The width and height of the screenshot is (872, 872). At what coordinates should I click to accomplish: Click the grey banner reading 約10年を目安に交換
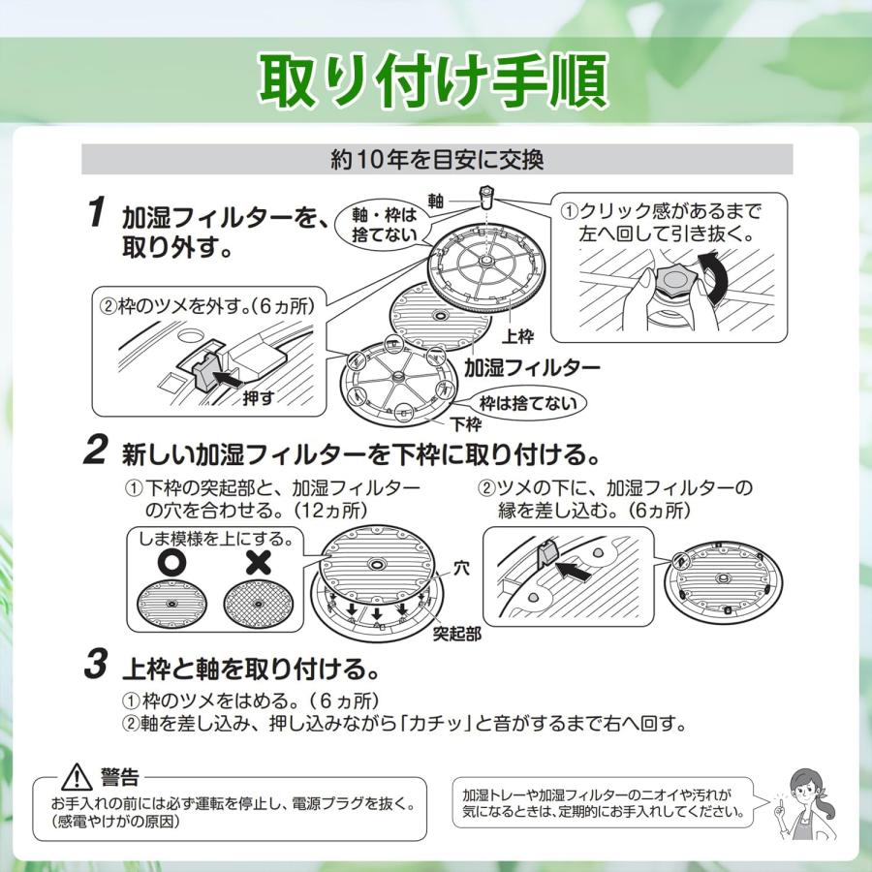[437, 158]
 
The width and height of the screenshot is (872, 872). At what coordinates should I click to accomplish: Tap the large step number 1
[95, 212]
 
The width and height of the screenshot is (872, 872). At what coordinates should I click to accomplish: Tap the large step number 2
[95, 450]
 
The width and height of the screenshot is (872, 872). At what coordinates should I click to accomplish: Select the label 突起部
[456, 635]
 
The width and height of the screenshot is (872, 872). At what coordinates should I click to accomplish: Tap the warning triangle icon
[75, 778]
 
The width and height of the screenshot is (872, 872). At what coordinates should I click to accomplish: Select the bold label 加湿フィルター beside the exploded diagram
[531, 368]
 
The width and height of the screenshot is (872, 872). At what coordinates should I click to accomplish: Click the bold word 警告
[119, 777]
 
